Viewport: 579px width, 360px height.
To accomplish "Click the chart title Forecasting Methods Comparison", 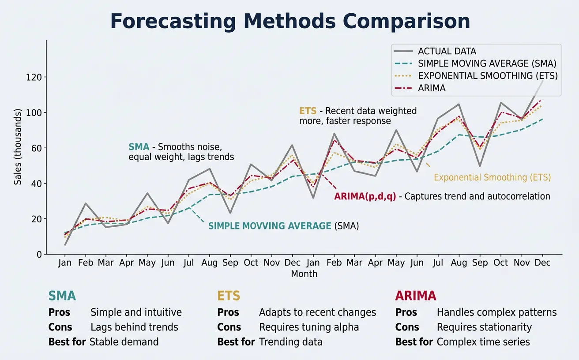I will point(290,21).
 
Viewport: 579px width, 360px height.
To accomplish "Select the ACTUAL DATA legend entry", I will point(447,51).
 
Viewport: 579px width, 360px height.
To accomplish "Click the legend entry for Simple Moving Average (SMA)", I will point(487,64).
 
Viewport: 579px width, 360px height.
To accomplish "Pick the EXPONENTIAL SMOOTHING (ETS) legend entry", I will point(488,76).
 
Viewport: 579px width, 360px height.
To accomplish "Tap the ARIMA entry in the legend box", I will point(432,88).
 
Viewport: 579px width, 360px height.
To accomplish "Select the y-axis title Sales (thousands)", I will point(18,146).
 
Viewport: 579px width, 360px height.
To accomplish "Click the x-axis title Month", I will point(304,274).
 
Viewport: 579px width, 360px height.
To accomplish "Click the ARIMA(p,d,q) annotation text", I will point(442,197).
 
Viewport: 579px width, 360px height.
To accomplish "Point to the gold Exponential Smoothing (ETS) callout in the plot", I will point(492,178).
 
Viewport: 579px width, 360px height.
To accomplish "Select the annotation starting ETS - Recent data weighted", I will point(357,116).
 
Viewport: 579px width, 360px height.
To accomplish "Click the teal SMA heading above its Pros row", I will point(62,296).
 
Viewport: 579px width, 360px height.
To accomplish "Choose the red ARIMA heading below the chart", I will point(415,296).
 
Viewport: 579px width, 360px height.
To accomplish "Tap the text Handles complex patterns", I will point(496,313).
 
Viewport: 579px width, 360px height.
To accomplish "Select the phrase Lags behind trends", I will point(134,327).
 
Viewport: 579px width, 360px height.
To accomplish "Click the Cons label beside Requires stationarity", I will point(407,327).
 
